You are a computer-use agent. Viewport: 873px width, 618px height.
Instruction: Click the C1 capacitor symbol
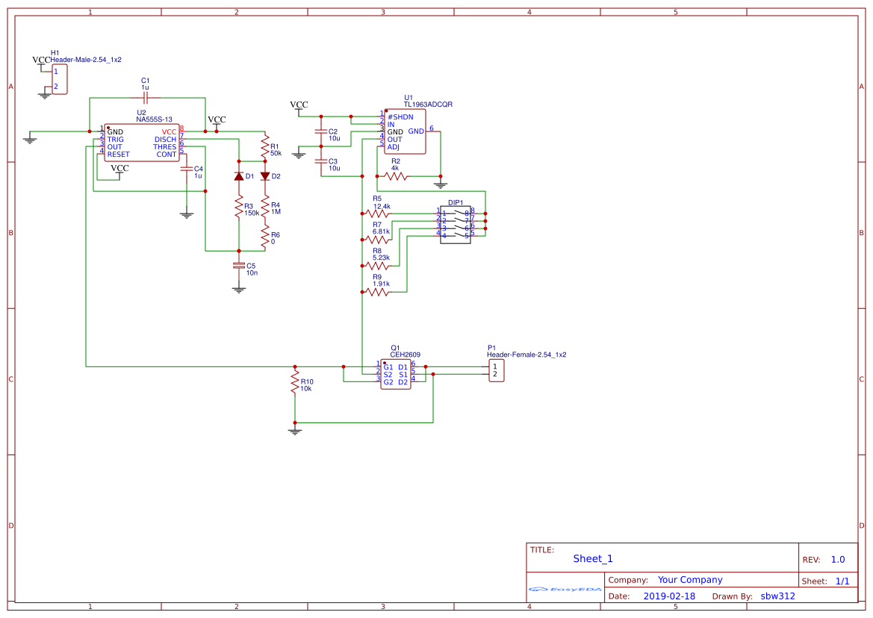tap(146, 98)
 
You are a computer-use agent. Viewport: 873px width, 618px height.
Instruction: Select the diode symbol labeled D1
tap(239, 176)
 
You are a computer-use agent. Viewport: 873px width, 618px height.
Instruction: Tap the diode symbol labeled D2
tap(264, 176)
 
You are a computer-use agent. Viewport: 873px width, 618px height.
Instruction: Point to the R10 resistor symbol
tap(295, 384)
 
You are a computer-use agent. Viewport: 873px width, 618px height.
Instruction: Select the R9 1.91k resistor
tap(376, 293)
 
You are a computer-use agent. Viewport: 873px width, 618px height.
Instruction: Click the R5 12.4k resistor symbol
tap(376, 213)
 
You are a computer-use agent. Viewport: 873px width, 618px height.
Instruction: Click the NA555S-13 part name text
tap(154, 119)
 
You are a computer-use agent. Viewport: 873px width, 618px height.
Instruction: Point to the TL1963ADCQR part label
tap(428, 104)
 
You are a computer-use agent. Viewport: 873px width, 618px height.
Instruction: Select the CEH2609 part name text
tap(405, 355)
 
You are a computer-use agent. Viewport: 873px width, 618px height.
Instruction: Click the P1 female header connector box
tap(497, 370)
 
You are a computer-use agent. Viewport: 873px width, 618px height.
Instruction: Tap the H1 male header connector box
tap(59, 79)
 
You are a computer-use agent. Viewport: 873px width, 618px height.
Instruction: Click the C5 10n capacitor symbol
tap(239, 265)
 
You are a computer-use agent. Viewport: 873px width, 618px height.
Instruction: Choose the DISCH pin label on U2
tap(165, 140)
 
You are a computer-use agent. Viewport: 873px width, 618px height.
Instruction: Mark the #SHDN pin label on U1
tap(400, 117)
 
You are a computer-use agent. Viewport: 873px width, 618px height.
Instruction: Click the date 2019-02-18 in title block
tap(669, 596)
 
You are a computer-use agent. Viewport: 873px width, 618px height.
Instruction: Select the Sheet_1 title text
tap(593, 558)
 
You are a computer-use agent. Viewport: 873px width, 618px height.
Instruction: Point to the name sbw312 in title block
tap(777, 596)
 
